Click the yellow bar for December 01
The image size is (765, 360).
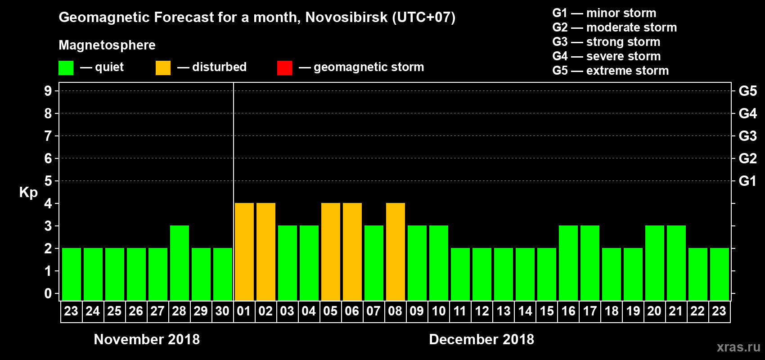[x=244, y=252]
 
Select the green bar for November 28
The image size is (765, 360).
[x=180, y=263]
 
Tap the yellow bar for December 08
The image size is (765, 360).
[x=396, y=252]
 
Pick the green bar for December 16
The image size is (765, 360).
[x=568, y=263]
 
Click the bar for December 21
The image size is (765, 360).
[x=676, y=263]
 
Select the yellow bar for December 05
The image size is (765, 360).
[x=331, y=252]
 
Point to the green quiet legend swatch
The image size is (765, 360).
[x=66, y=68]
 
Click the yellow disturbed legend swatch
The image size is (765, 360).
[x=163, y=68]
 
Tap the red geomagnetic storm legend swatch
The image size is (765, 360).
[x=284, y=68]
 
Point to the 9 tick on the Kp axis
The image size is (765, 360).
[x=48, y=91]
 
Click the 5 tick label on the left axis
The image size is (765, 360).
[x=48, y=181]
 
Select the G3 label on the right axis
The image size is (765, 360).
[x=747, y=136]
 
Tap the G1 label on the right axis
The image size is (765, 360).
[x=747, y=181]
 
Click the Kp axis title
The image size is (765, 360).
[x=28, y=192]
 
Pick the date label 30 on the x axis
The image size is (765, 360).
[x=222, y=311]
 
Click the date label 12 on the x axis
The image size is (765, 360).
[x=482, y=311]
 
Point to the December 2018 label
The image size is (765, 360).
[x=481, y=339]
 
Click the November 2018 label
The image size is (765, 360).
[x=147, y=339]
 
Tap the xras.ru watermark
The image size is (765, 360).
[x=738, y=347]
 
